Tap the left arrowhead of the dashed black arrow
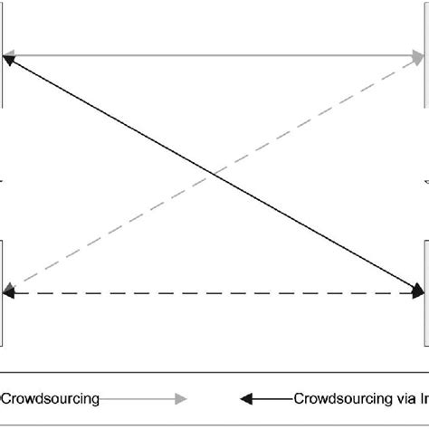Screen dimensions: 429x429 (x=10, y=293)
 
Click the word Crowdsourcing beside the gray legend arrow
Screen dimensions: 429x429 (x=51, y=396)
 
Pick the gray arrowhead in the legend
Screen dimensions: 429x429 (x=181, y=397)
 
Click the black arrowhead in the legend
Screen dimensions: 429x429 (x=245, y=397)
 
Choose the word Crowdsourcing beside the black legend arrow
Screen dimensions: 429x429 (x=339, y=396)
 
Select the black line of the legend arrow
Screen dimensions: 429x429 (x=272, y=397)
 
